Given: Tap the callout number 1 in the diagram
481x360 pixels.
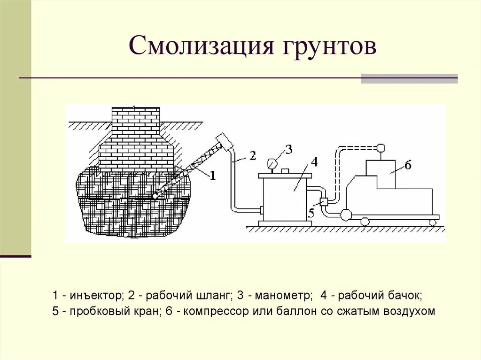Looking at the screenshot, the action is click(x=212, y=176).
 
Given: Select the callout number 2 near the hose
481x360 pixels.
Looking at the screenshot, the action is click(x=252, y=156).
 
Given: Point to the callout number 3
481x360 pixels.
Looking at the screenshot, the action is click(x=288, y=149).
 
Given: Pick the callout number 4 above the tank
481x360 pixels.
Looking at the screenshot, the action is click(x=314, y=162).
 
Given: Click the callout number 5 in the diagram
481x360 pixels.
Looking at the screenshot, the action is click(x=311, y=213).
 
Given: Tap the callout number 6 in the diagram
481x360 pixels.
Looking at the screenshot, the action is click(x=408, y=165).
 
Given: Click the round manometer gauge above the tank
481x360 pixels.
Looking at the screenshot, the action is click(x=272, y=163).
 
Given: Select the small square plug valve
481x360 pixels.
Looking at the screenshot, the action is click(x=323, y=202).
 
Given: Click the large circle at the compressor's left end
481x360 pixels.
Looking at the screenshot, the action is click(x=346, y=215).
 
